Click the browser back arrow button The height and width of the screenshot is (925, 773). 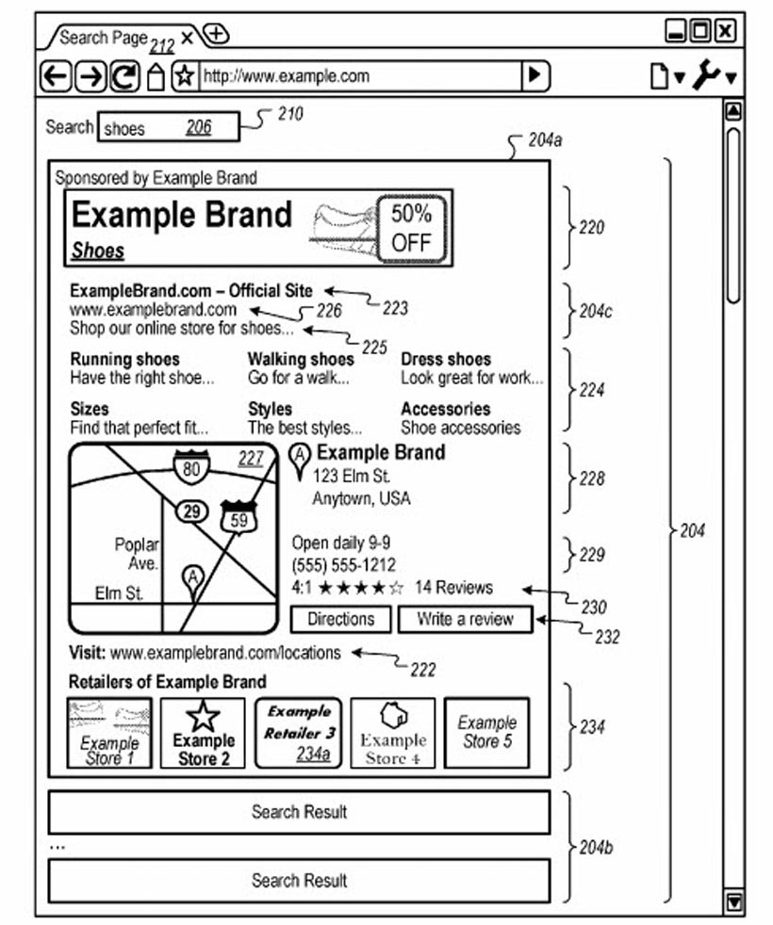(x=57, y=76)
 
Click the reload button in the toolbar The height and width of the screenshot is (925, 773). (x=123, y=76)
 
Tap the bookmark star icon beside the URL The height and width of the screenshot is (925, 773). (x=184, y=76)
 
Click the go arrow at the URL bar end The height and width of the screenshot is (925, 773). (x=535, y=75)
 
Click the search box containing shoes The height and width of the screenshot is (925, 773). (x=168, y=127)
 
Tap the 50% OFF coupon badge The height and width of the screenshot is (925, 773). (x=411, y=228)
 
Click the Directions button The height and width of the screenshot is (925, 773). (x=340, y=619)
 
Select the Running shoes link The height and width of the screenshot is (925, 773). (x=124, y=359)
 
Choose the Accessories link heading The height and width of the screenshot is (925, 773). (x=445, y=409)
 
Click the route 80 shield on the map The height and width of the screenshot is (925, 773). (x=190, y=466)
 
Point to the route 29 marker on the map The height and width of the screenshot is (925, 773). (x=192, y=511)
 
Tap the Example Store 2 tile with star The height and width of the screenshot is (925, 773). (x=203, y=733)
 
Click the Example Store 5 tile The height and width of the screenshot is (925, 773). (x=486, y=732)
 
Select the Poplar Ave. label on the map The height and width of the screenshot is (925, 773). (x=138, y=554)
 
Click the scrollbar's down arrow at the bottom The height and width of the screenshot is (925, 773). (x=733, y=901)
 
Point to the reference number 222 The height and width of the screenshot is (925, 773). (x=422, y=669)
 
